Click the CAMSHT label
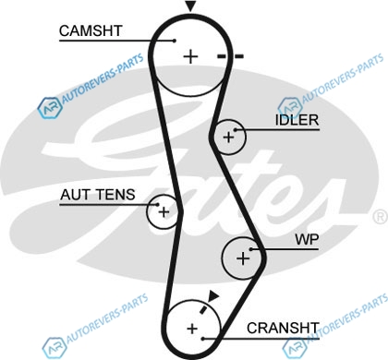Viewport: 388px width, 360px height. click(91, 30)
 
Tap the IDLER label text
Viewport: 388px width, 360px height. click(297, 120)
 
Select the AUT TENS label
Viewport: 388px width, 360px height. click(98, 195)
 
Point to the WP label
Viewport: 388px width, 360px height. click(307, 239)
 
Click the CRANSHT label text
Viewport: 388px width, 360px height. click(283, 328)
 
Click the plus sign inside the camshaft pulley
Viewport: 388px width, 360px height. click(190, 57)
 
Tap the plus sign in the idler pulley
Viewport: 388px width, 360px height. click(228, 137)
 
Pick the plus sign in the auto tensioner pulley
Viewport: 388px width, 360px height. click(164, 212)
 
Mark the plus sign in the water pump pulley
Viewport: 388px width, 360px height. click(243, 258)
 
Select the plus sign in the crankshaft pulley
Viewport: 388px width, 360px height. click(192, 329)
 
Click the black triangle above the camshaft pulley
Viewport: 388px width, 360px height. click(190, 6)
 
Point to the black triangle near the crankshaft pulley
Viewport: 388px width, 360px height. click(213, 295)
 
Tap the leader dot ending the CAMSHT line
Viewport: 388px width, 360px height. click(175, 41)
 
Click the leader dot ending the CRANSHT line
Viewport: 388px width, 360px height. click(203, 339)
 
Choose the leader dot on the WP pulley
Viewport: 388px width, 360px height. click(251, 249)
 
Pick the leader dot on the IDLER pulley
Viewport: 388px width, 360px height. click(236, 130)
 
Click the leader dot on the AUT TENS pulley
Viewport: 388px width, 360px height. click(158, 204)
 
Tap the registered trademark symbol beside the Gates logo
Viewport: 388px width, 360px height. click(381, 216)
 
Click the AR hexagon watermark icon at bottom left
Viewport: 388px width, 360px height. click(55, 347)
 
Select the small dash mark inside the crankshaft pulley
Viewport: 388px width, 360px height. click(203, 309)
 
